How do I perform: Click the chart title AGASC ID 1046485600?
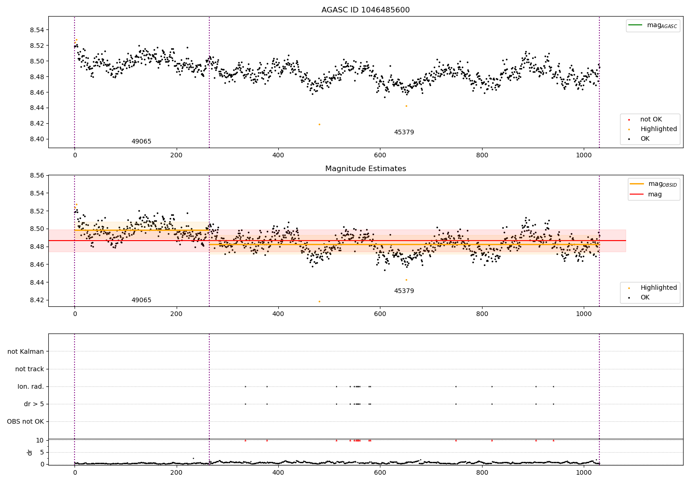tap(365, 10)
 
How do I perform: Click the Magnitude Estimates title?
tap(365, 169)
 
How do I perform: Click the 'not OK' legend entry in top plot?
tap(650, 120)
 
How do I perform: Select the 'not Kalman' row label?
tap(26, 352)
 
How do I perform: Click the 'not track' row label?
tap(29, 369)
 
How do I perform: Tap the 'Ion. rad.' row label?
tap(31, 387)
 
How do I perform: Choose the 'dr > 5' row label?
tap(34, 404)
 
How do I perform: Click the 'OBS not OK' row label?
tap(25, 422)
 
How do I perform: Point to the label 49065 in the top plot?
tap(141, 142)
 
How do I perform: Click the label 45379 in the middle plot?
tap(404, 291)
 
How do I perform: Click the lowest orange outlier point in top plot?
tap(319, 124)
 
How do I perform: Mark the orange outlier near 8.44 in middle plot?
tap(406, 280)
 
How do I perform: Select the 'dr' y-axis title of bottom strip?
tap(30, 452)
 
